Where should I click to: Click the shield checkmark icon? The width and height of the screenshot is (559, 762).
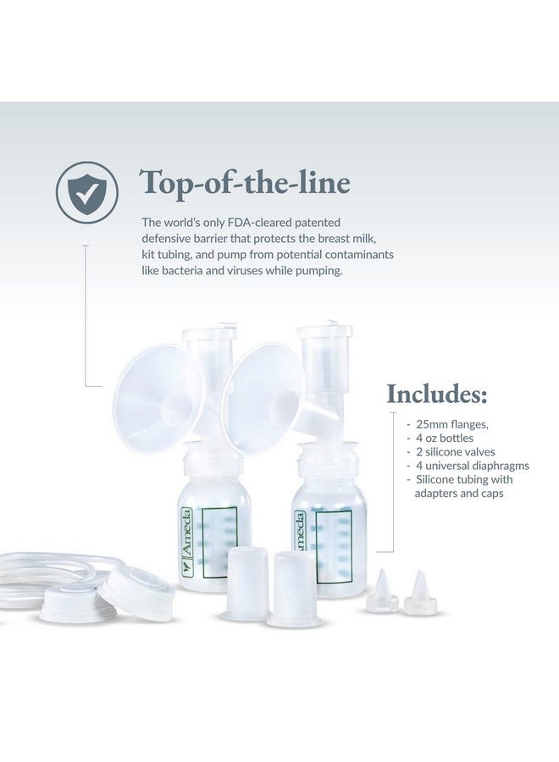coord(86,192)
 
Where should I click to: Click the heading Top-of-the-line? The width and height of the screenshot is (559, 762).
coord(246,182)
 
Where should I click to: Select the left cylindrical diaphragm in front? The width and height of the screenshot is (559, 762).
coord(246,580)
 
